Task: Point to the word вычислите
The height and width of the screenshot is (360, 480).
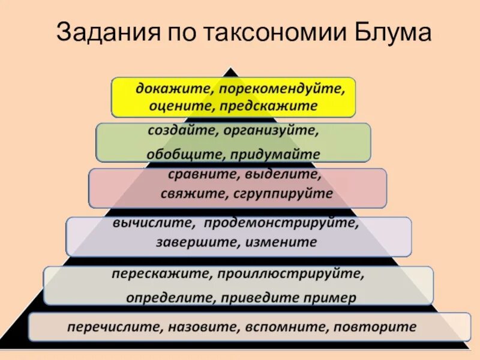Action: pyautogui.click(x=152, y=223)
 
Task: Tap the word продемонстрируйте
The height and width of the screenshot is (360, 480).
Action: pyautogui.click(x=281, y=223)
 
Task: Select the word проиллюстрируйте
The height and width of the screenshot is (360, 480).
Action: pyautogui.click(x=290, y=274)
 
